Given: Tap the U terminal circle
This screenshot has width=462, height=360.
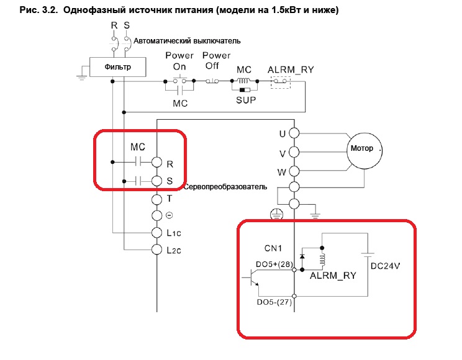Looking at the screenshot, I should pyautogui.click(x=294, y=133).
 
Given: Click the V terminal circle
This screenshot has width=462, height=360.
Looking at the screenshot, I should pyautogui.click(x=294, y=151).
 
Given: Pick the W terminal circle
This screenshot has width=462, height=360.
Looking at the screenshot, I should pyautogui.click(x=294, y=169).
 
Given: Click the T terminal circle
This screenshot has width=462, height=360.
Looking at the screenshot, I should pyautogui.click(x=157, y=199).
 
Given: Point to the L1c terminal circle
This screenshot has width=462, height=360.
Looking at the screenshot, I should pyautogui.click(x=157, y=232).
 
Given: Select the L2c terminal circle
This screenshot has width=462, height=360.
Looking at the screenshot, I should pyautogui.click(x=157, y=249).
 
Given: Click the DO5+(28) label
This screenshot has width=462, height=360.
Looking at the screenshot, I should pyautogui.click(x=273, y=264).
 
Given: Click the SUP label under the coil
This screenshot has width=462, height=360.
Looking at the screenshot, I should pyautogui.click(x=247, y=99).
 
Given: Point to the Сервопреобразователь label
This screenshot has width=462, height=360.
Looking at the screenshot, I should pyautogui.click(x=225, y=186).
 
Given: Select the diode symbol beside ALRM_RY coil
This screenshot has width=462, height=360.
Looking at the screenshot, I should pyautogui.click(x=302, y=255).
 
